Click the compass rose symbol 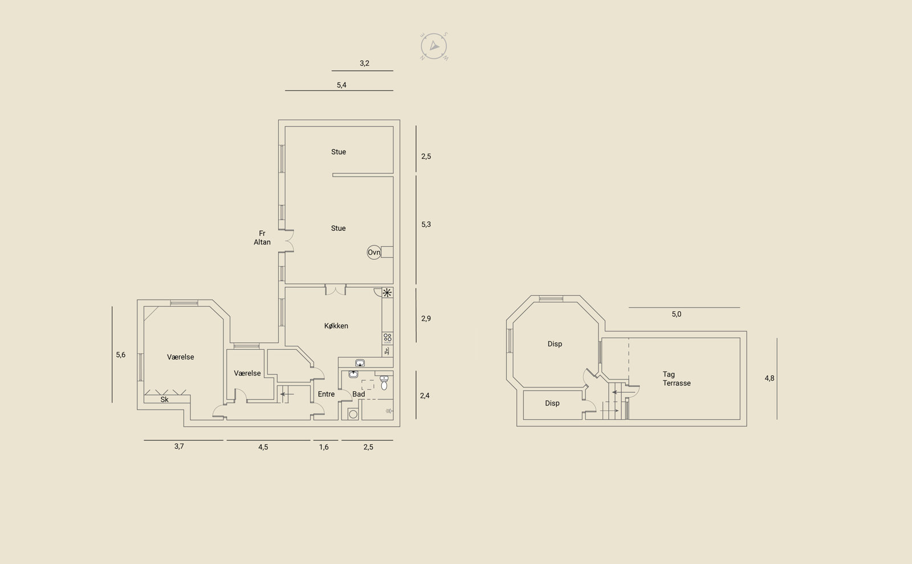(434, 46)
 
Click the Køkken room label (336, 325)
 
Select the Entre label (326, 394)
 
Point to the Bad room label (359, 394)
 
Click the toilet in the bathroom (384, 383)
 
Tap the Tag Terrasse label (677, 378)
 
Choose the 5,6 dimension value (120, 355)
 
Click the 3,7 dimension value (179, 447)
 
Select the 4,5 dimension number (263, 447)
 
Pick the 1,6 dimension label (324, 447)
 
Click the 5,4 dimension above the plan (341, 85)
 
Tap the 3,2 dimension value (364, 63)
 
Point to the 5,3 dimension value (426, 224)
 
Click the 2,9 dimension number (426, 318)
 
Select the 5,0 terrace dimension (676, 314)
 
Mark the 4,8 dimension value (769, 378)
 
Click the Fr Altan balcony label (262, 238)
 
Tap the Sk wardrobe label (165, 399)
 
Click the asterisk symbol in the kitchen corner (387, 293)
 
